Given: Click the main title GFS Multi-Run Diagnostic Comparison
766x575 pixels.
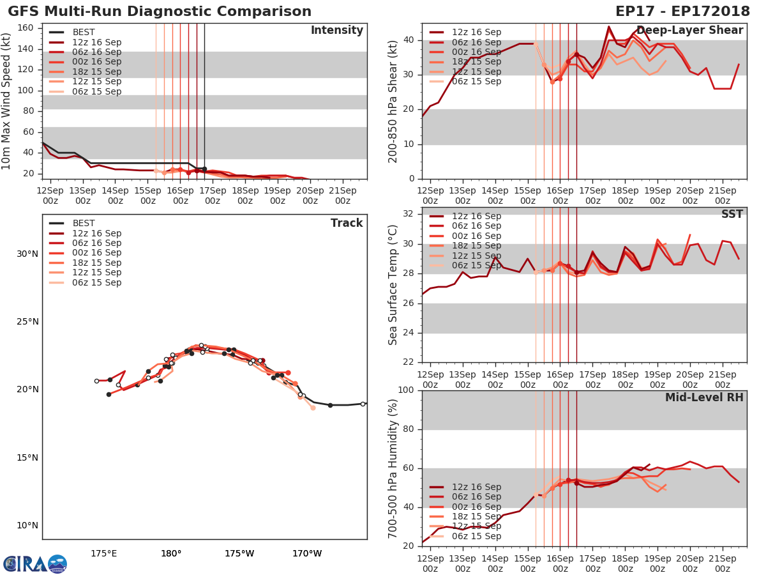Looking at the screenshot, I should point(160,11).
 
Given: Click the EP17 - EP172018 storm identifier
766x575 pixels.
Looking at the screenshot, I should point(682,11).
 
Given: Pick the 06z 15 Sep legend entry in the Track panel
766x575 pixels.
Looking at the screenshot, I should point(96,282).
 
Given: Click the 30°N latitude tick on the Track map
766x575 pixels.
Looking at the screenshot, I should point(27,254).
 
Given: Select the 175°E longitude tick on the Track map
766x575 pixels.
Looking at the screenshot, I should point(103,553).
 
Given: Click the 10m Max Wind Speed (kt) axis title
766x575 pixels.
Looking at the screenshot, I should point(7,102).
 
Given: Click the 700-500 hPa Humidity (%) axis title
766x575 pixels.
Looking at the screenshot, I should point(393,468).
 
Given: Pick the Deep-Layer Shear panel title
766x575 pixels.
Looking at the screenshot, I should point(689,31).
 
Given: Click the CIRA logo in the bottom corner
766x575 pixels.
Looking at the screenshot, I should point(34,564).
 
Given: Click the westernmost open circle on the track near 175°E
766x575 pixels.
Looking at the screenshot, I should point(96,381).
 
